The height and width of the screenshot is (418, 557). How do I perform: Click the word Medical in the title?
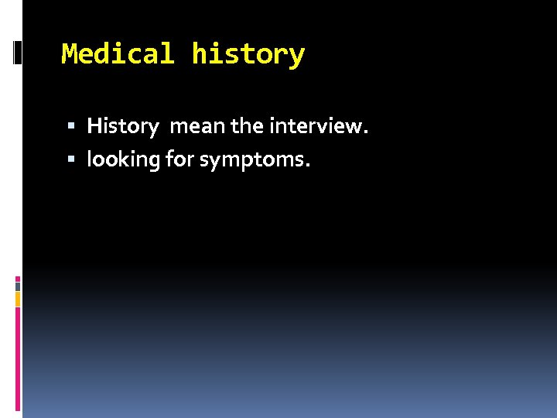pos(118,55)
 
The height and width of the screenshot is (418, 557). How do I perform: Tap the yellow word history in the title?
pos(248,55)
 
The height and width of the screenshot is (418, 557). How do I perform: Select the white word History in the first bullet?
pos(122,125)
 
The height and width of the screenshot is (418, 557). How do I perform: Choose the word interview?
pos(313,125)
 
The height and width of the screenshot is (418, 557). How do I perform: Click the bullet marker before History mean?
pos(71,126)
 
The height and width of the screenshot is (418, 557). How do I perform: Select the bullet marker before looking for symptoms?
pos(71,160)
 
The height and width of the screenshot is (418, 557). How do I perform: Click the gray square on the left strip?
pos(17,286)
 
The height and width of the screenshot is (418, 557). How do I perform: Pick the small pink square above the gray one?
pos(17,278)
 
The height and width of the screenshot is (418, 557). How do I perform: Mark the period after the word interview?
pos(364,132)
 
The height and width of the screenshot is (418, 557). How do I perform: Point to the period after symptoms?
pos(307,166)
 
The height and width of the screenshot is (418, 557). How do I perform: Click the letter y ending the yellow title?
pos(297,57)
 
